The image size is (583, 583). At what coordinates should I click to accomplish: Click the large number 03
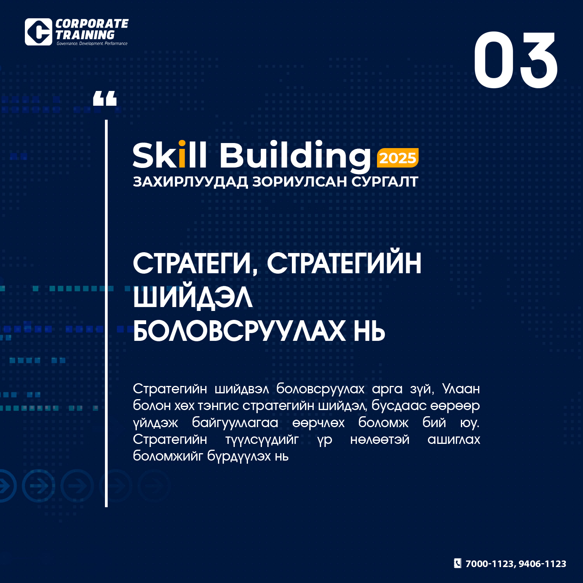click(x=516, y=60)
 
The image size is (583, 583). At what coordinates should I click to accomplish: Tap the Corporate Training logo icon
click(x=38, y=32)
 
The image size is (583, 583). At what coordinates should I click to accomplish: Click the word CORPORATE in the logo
click(x=92, y=24)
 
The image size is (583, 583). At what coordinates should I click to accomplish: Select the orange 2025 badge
click(x=398, y=158)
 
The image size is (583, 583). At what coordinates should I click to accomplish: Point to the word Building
click(x=295, y=157)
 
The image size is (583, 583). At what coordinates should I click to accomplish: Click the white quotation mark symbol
click(x=105, y=98)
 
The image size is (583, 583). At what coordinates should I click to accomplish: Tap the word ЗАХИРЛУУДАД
click(x=190, y=182)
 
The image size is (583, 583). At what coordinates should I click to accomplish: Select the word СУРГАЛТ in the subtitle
click(x=385, y=182)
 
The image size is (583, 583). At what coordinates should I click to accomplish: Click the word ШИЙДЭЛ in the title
click(x=193, y=298)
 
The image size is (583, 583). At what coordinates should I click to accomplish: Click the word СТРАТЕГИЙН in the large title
click(x=344, y=264)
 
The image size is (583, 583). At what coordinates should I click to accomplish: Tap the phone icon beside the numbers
click(x=458, y=563)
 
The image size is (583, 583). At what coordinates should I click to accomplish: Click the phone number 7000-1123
click(x=490, y=564)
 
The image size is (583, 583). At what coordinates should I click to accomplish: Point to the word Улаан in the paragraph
click(x=461, y=389)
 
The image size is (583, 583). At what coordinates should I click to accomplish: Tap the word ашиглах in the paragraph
click(x=454, y=440)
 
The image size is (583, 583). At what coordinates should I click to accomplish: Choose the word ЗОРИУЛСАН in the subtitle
click(x=299, y=182)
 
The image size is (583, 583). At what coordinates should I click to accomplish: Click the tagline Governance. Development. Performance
click(x=92, y=44)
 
